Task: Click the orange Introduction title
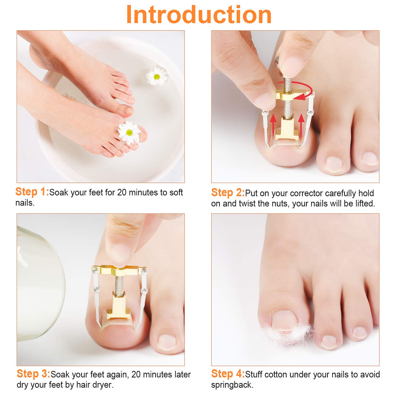point(199,15)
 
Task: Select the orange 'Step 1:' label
point(32,192)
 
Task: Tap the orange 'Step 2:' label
point(227,193)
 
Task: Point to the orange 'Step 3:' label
point(33,374)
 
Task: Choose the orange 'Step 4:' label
point(227,374)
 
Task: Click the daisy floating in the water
point(157,76)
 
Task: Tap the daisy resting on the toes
point(129,132)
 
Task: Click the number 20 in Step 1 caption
point(122,193)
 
